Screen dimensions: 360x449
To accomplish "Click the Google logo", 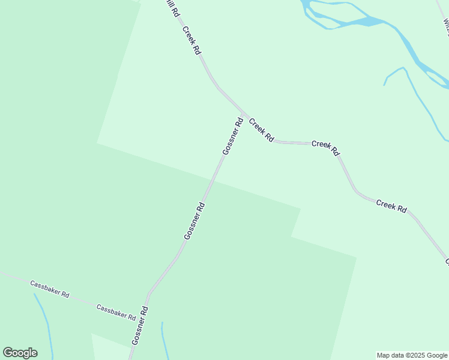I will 20,353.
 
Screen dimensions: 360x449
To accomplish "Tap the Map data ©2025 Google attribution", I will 412,355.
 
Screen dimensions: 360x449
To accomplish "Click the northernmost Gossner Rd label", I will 232,136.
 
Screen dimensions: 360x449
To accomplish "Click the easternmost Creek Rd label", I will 391,206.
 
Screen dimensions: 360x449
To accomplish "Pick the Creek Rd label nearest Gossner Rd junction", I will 261,130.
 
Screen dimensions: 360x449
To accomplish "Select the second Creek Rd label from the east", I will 325,147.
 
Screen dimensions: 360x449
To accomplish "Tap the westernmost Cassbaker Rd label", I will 50,288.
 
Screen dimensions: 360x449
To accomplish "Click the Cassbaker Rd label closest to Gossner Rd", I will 116,311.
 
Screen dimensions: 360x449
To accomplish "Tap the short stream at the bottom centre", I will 163,342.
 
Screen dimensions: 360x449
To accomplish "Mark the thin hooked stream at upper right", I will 414,90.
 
